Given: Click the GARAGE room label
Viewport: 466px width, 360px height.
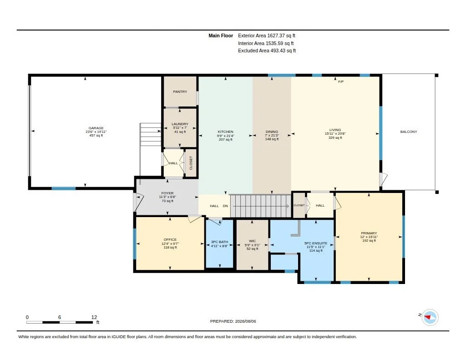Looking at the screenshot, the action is [x=96, y=128].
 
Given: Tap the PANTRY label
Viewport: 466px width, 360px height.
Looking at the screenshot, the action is [x=180, y=91].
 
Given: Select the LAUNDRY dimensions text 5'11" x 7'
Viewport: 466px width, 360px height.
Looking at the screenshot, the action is [x=180, y=128].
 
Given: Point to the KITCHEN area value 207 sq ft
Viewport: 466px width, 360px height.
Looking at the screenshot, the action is [x=226, y=139].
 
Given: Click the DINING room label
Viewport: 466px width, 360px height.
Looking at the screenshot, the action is [x=272, y=132].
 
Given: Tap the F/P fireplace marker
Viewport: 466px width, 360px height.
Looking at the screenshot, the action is [x=341, y=81].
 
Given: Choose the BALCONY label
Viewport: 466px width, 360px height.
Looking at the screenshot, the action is [x=409, y=132].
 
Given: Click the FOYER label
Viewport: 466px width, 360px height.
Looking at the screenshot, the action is [x=167, y=193].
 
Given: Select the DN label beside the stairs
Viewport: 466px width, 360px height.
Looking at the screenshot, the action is [x=225, y=206].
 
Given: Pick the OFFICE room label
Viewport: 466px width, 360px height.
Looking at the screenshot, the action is [x=170, y=239].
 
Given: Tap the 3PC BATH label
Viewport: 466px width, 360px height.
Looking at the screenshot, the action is [x=219, y=242].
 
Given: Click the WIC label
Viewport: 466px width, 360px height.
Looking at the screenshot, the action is [x=252, y=241].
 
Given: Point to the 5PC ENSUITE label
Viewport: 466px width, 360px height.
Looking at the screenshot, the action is [x=316, y=243].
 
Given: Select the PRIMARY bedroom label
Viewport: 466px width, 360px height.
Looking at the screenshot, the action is [x=369, y=233].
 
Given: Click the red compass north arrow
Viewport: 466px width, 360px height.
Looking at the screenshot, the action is [x=428, y=317].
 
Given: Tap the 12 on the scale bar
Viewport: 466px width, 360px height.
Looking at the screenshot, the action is [x=94, y=317].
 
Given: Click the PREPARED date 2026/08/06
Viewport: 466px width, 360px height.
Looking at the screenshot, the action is [x=245, y=321].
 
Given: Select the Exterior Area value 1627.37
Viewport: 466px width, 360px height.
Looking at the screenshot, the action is [x=276, y=35].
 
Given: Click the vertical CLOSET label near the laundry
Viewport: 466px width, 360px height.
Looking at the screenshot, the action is [x=191, y=163].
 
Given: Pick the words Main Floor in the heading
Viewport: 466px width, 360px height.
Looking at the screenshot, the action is [x=221, y=35].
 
